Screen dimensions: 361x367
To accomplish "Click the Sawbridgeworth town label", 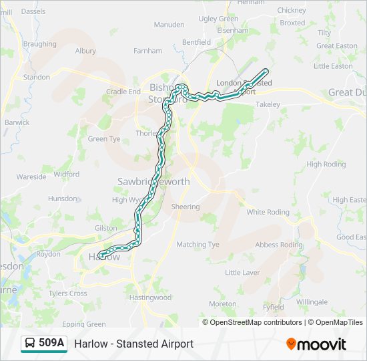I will pyautogui.click(x=153, y=182).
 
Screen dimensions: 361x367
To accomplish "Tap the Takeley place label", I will pyautogui.click(x=268, y=105).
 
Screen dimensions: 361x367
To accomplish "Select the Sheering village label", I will pyautogui.click(x=185, y=207).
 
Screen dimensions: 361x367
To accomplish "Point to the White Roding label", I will pyautogui.click(x=268, y=213).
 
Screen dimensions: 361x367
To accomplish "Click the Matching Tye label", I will pyautogui.click(x=198, y=245).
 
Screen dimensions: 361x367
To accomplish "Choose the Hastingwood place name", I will pyautogui.click(x=150, y=297).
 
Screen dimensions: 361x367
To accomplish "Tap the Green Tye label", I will pyautogui.click(x=104, y=139).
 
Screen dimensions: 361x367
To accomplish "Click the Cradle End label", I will pyautogui.click(x=123, y=92).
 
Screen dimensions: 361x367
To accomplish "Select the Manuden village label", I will pyautogui.click(x=169, y=25).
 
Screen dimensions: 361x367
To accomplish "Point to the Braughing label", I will pyautogui.click(x=39, y=44).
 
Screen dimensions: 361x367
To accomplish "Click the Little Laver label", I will pyautogui.click(x=242, y=273).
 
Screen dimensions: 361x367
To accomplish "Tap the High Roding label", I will pyautogui.click(x=326, y=164).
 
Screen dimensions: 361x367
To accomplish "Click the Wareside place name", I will pyautogui.click(x=31, y=177).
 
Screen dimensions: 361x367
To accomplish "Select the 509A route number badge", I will pyautogui.click(x=51, y=344).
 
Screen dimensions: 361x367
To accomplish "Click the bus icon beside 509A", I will pyautogui.click(x=31, y=344).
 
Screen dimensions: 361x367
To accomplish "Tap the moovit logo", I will pyautogui.click(x=316, y=344).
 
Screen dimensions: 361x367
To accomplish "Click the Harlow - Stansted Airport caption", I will pyautogui.click(x=133, y=344).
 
